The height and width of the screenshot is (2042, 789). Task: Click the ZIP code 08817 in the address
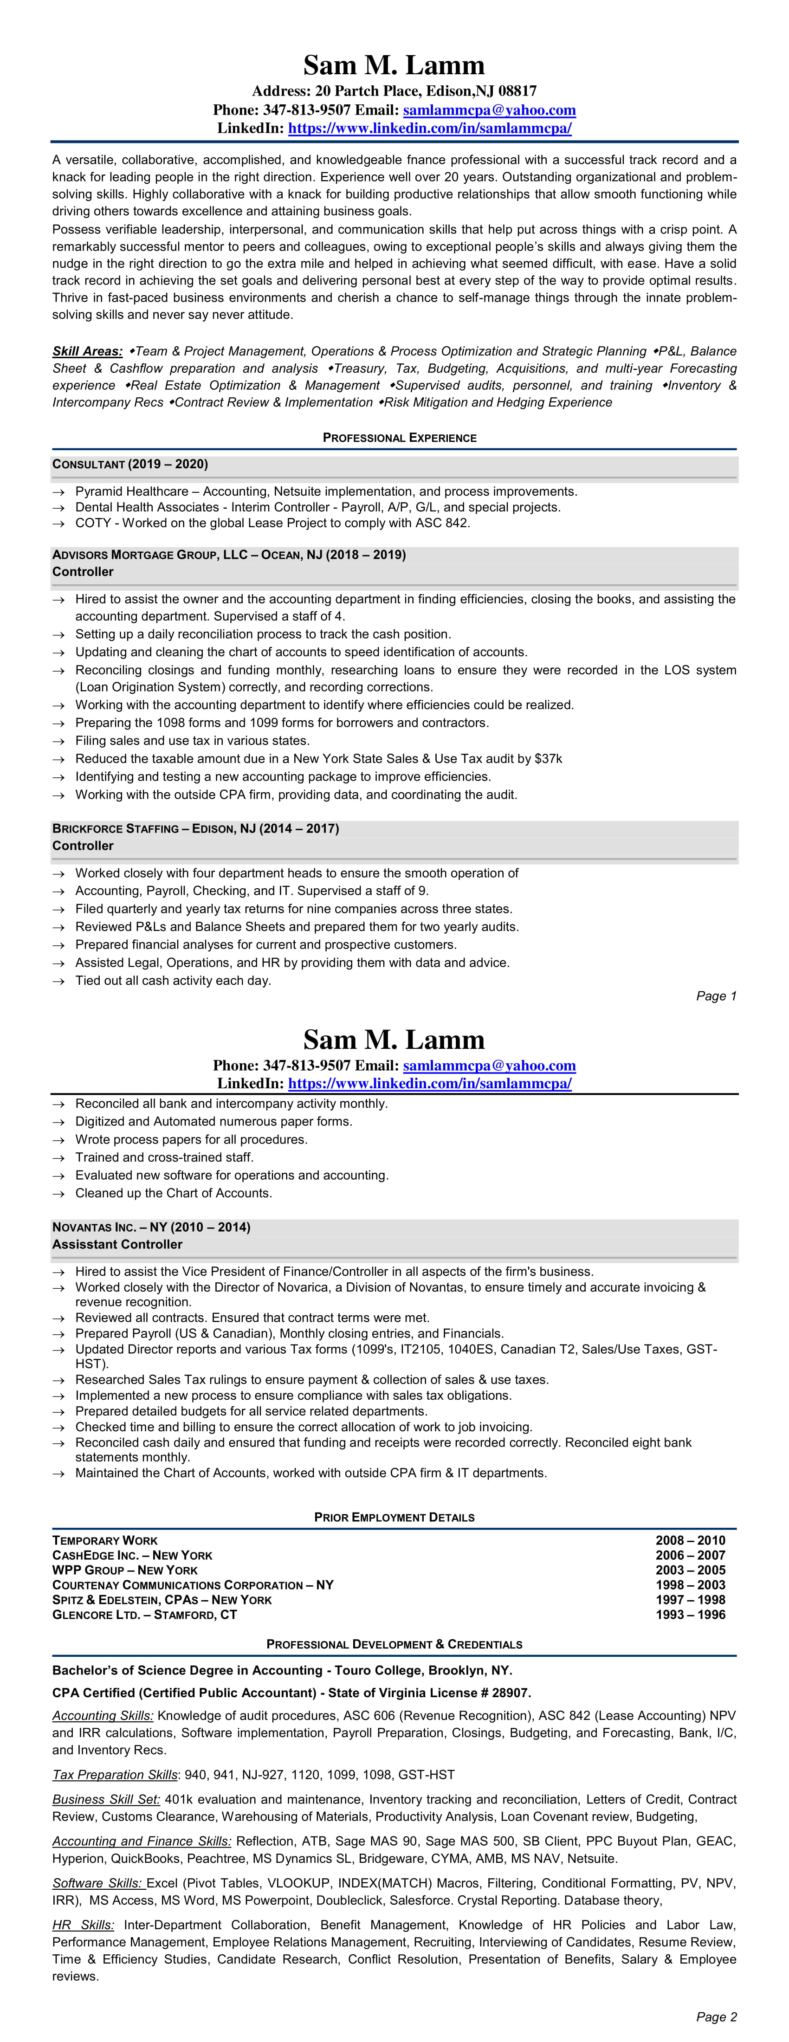[x=517, y=91]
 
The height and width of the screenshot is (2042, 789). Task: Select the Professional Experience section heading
[x=399, y=438]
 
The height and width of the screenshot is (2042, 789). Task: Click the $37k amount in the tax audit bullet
[x=548, y=759]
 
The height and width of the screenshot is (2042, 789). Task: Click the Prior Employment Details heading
[x=394, y=1517]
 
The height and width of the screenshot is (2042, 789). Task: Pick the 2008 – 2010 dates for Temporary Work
[x=690, y=1540]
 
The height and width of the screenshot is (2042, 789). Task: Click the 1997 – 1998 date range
[x=690, y=1600]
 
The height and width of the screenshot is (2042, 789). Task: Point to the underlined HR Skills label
[x=83, y=1925]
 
